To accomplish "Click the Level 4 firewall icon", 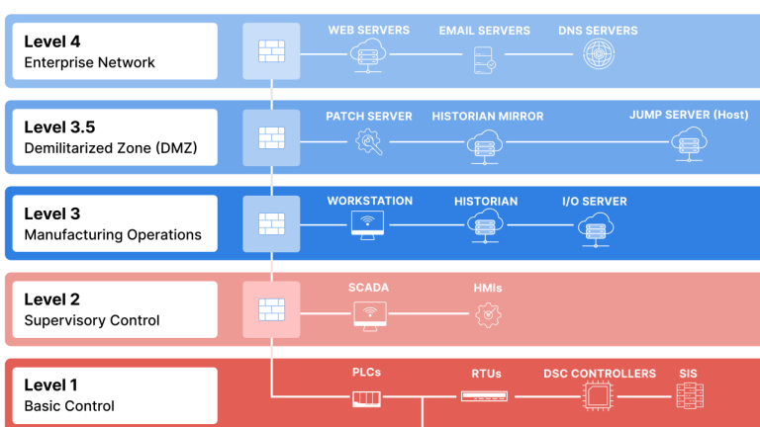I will (x=271, y=51).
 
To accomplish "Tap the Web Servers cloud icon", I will (x=369, y=54).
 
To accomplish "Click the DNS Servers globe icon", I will (x=597, y=54).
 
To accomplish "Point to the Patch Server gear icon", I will (x=369, y=141).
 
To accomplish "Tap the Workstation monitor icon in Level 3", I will (x=369, y=227).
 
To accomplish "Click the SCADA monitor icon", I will (x=369, y=313).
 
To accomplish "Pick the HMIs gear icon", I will (x=487, y=313).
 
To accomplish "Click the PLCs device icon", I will (x=366, y=398).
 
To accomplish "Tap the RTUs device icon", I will (x=485, y=397).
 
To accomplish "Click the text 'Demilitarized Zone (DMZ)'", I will (x=110, y=148).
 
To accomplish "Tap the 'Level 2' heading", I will (x=52, y=299).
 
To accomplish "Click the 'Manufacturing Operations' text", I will (x=112, y=234).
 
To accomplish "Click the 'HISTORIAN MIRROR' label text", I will (x=487, y=116).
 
